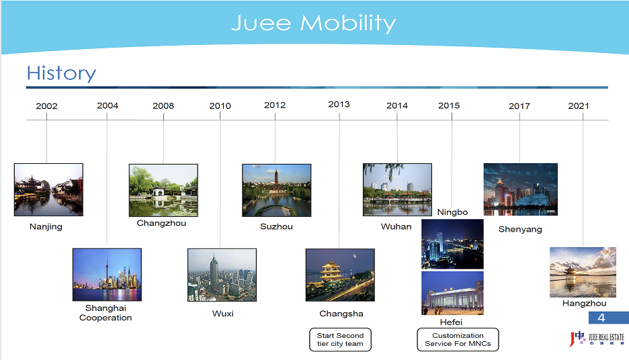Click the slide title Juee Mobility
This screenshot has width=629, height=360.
(x=314, y=24)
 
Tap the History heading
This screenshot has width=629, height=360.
(x=61, y=73)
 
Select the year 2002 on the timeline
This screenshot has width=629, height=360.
(x=46, y=106)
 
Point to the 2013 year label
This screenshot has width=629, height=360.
(x=339, y=104)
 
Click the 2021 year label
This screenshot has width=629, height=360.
(x=579, y=106)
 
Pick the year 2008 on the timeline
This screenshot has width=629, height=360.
(x=163, y=106)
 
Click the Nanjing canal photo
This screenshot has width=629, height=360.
(x=48, y=189)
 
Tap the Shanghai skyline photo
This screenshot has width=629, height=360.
(x=107, y=275)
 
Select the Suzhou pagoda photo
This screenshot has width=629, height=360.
(x=276, y=191)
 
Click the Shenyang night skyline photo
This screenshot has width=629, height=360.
(x=521, y=189)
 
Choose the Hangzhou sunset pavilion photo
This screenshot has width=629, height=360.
(x=583, y=272)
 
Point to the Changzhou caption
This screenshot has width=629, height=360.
(x=161, y=223)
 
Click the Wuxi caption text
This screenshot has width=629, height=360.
(x=222, y=314)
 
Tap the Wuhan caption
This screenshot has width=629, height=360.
(x=396, y=226)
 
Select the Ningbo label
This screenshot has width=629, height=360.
(x=452, y=212)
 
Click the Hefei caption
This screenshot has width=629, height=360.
(x=452, y=322)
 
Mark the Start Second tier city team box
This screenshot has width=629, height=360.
(x=340, y=340)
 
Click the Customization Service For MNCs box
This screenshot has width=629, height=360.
(x=458, y=340)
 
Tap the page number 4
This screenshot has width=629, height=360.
(x=601, y=318)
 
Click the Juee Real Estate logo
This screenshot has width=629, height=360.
(x=597, y=339)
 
